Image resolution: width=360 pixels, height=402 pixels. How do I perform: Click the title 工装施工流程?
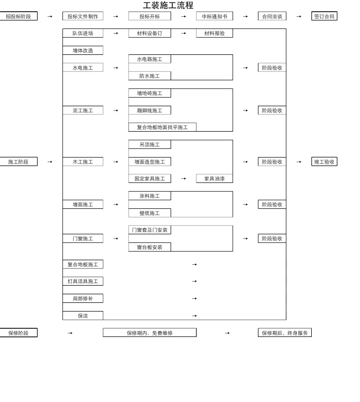pos(168,6)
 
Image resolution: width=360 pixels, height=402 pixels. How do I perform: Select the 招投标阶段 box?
pos(18,16)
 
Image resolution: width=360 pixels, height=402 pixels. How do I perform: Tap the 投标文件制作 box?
pos(83,16)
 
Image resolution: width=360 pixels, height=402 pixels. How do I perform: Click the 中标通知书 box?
pos(214,16)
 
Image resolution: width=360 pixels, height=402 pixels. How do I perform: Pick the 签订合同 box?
pos(324,16)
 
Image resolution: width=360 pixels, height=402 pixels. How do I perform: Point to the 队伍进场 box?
pos(83,33)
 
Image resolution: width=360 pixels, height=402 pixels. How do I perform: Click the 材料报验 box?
pos(214,33)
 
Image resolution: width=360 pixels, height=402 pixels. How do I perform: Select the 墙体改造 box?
pos(83,50)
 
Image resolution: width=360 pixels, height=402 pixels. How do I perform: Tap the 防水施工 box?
pos(149,76)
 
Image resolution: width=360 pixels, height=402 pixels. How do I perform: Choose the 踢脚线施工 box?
pos(149,110)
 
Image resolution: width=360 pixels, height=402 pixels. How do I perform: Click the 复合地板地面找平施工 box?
pos(162,127)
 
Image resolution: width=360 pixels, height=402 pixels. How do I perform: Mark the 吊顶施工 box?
pos(149,144)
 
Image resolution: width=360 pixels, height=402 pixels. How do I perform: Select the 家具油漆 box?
pos(214,178)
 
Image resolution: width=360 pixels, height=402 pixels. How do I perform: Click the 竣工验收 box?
pos(324,162)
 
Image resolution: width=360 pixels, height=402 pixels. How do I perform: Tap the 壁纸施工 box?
pos(149,213)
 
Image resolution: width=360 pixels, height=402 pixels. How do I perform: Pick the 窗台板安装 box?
pos(149,247)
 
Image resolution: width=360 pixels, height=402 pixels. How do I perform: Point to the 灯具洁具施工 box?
pos(83,281)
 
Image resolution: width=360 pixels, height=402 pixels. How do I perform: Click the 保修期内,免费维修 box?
pos(149,333)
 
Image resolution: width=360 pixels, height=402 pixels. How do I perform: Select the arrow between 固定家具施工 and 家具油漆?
pos(183,178)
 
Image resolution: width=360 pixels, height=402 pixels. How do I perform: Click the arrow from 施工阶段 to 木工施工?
pos(50,162)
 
